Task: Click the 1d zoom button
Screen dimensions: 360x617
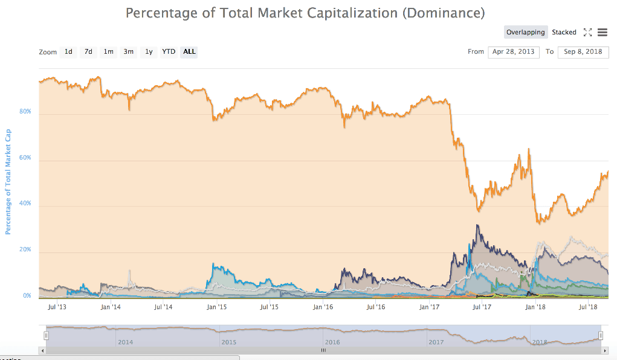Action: (69, 52)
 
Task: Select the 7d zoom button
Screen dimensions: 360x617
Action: (88, 52)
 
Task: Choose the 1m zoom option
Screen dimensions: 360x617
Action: (109, 52)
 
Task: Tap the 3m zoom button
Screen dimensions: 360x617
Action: (129, 52)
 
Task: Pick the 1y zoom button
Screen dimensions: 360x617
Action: (149, 52)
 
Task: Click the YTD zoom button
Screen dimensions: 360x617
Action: (169, 52)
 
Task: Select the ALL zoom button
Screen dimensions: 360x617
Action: (189, 52)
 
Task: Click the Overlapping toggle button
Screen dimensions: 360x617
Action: (526, 33)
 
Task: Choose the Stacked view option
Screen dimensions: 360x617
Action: (564, 33)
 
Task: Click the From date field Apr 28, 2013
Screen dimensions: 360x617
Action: (514, 52)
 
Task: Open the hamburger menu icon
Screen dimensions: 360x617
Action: (602, 32)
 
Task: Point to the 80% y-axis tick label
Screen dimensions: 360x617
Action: (25, 112)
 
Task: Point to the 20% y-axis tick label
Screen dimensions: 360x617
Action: (25, 250)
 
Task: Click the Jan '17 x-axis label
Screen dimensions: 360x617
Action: (430, 307)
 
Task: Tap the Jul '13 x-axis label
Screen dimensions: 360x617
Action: (56, 307)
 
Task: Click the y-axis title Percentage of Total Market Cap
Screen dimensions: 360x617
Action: (8, 181)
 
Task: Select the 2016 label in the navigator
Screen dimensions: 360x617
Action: (333, 342)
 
